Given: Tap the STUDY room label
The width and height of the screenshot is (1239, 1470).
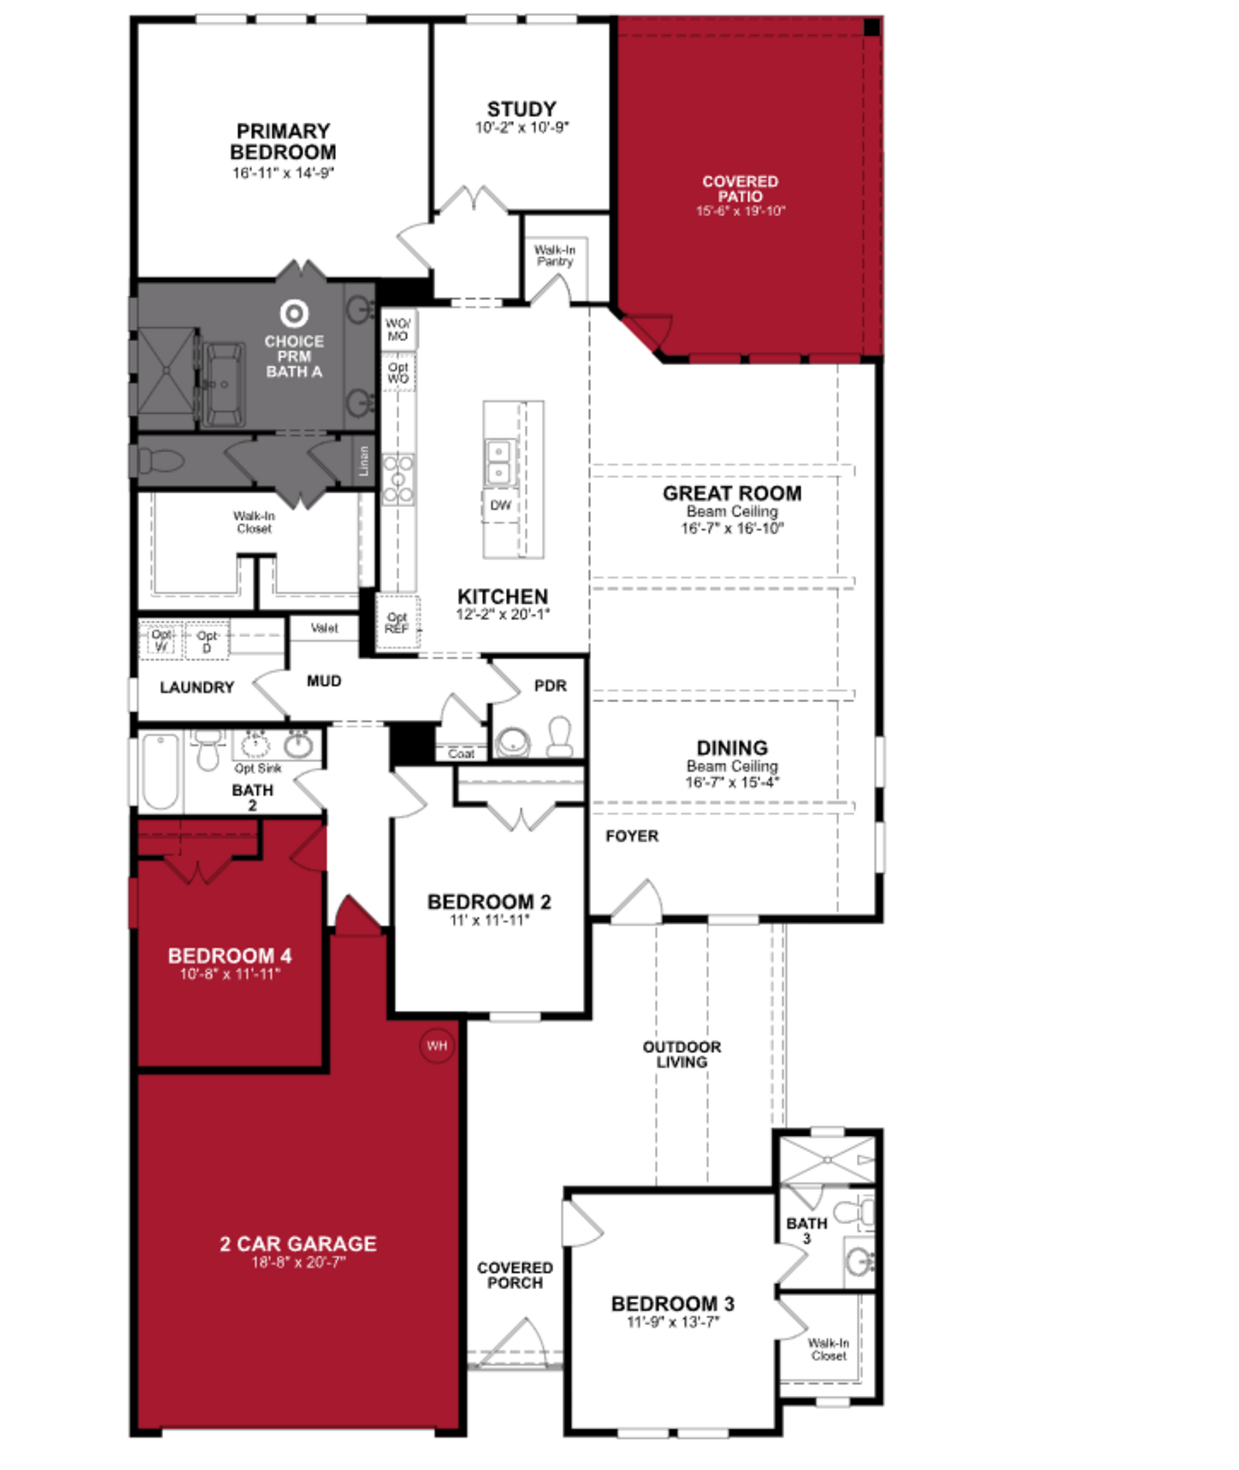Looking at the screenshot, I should click(x=521, y=110).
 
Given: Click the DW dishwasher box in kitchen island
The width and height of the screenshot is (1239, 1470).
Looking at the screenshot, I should click(x=500, y=505).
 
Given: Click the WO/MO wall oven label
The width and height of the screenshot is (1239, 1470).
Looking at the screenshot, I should click(x=398, y=329).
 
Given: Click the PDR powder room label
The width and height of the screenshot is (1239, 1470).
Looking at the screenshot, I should click(x=550, y=686).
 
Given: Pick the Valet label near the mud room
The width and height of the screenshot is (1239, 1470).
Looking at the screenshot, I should click(x=324, y=628).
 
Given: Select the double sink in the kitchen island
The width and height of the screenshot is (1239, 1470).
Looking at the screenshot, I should click(x=499, y=462).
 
